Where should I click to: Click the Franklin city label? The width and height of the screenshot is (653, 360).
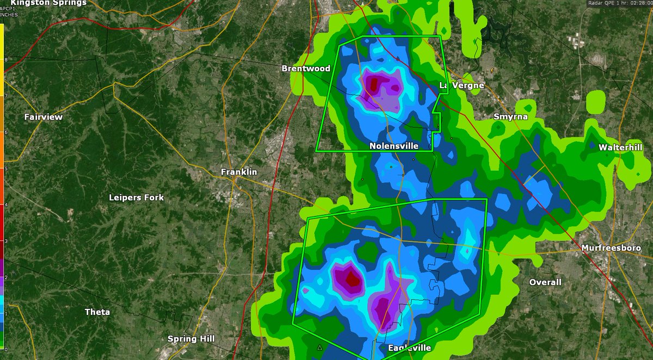tap(238, 172)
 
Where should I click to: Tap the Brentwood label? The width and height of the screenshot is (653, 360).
tap(305, 69)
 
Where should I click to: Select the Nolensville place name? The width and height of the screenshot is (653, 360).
tap(393, 146)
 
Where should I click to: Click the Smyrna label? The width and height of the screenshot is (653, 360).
tap(510, 116)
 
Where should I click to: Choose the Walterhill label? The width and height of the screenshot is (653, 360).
tap(620, 147)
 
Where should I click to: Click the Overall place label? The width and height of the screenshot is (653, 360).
tap(545, 282)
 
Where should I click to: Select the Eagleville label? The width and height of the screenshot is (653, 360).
tap(409, 347)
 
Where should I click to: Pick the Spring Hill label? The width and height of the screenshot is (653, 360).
tap(190, 339)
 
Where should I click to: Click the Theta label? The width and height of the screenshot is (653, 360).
tap(97, 312)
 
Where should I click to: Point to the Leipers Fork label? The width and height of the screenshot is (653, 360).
tap(136, 197)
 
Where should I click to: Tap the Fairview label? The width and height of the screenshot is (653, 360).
tap(44, 116)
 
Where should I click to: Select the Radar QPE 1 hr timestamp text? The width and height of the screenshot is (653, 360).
tap(620, 3)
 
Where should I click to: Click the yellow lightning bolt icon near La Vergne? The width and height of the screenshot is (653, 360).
tap(492, 70)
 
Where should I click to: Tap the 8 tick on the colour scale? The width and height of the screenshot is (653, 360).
tap(5, 59)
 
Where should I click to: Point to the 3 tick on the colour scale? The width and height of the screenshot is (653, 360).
tap(5, 241)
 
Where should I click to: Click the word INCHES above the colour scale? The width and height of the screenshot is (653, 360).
tap(9, 15)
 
